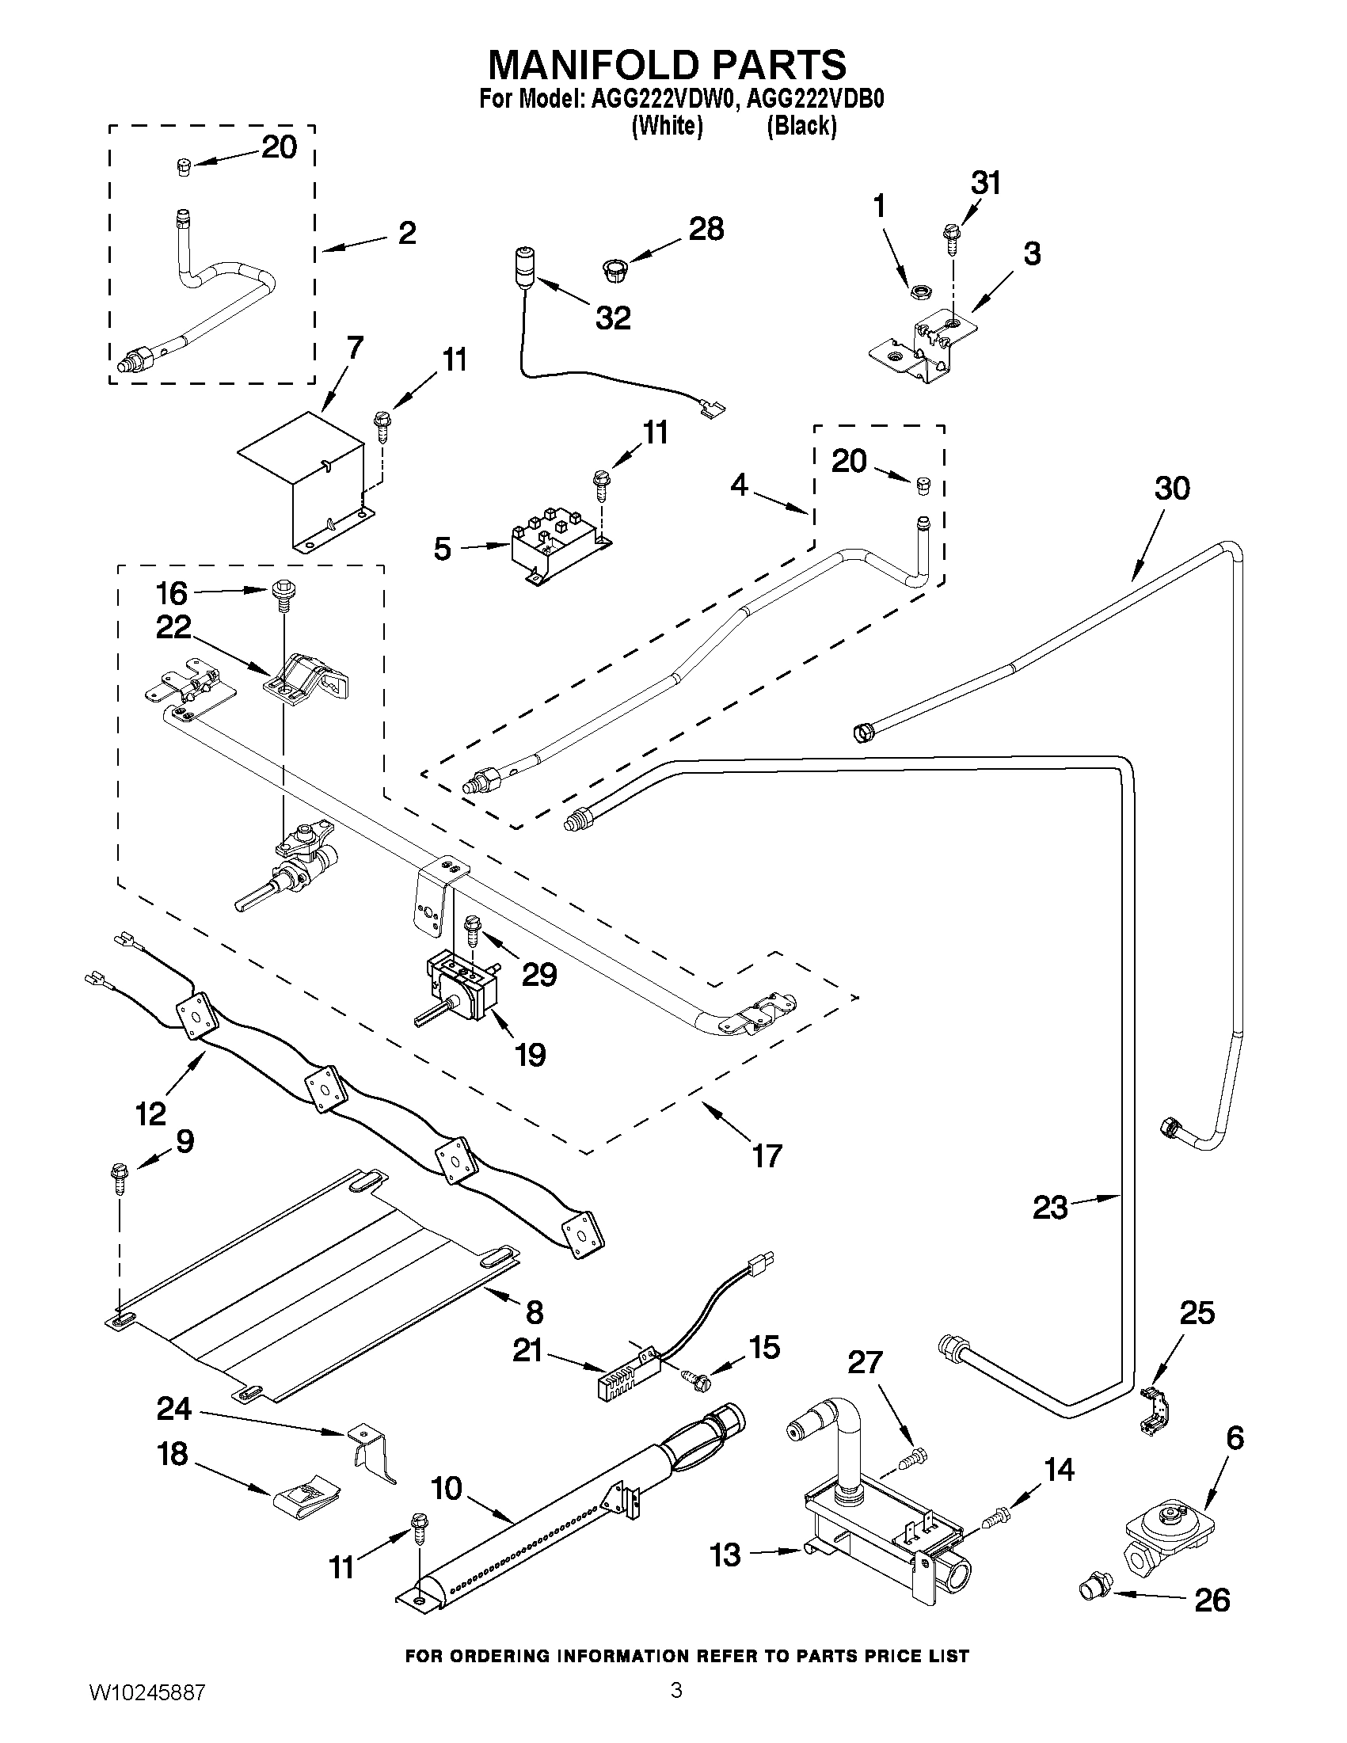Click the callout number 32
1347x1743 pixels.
612,318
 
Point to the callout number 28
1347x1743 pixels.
706,230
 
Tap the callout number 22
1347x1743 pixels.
173,627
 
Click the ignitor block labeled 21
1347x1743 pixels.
627,1371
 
